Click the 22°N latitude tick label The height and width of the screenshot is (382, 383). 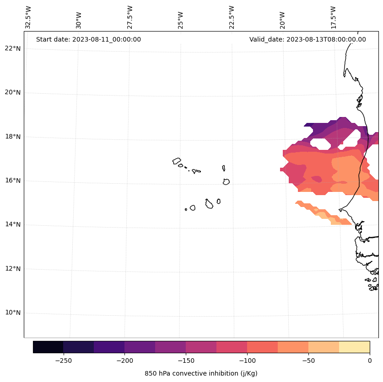(12, 48)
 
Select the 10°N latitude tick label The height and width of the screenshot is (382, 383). (12, 313)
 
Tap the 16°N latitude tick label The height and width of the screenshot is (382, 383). (12, 180)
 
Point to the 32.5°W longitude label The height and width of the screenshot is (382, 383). (28, 17)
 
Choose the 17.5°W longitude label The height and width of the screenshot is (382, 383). (334, 17)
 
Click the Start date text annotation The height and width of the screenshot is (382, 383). (88, 39)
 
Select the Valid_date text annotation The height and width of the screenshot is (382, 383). (307, 39)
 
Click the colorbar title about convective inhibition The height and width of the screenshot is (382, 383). (201, 373)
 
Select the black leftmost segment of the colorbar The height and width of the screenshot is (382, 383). (48, 347)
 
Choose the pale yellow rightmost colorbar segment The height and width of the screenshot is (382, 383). (354, 347)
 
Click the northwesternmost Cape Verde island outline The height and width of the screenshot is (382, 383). (177, 161)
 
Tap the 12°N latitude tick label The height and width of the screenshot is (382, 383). (12, 269)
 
